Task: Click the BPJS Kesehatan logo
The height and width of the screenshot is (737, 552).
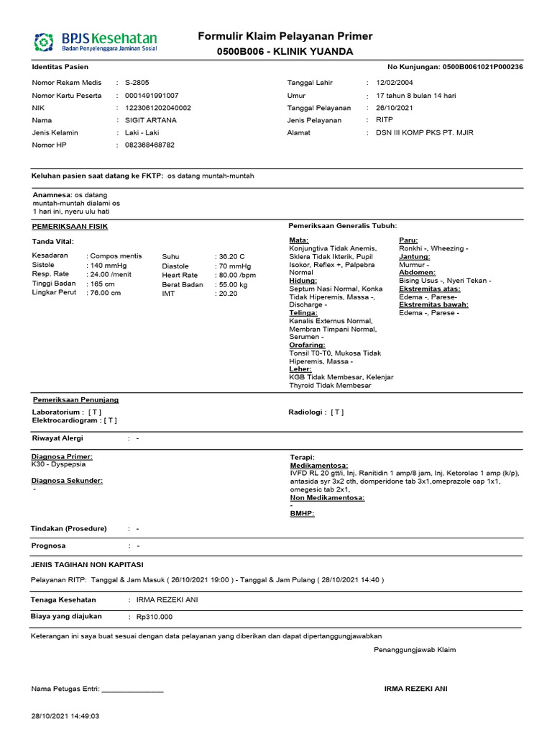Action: (x=95, y=41)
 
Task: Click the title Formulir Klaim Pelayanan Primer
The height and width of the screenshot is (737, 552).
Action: (x=285, y=37)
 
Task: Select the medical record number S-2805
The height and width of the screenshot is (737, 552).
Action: (x=137, y=83)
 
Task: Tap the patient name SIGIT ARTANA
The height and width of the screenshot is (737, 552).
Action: (x=150, y=120)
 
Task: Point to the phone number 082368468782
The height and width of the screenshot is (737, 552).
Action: (x=149, y=145)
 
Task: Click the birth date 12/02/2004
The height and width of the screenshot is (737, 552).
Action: (x=395, y=83)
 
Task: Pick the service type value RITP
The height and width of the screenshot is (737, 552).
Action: (x=385, y=120)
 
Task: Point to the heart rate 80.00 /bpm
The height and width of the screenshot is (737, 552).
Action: (x=238, y=275)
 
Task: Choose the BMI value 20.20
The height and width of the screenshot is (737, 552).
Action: (x=228, y=293)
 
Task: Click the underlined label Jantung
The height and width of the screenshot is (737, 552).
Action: (x=414, y=256)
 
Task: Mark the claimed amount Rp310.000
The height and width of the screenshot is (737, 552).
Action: (x=154, y=617)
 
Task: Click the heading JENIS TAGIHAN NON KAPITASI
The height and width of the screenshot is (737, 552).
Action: (x=87, y=564)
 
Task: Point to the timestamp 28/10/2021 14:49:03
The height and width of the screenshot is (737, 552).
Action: (x=65, y=716)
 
